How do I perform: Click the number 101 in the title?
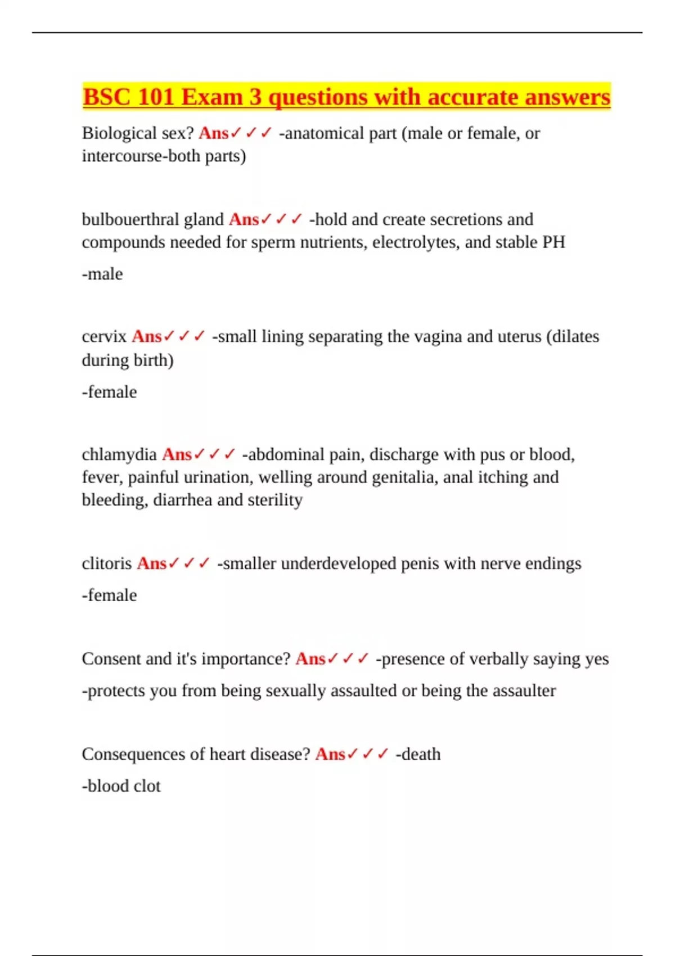click(x=155, y=97)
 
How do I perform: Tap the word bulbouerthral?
click(x=124, y=219)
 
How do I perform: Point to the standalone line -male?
click(x=102, y=274)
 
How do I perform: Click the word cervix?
click(x=104, y=336)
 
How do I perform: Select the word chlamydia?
click(x=119, y=454)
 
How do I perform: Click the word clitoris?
click(x=106, y=563)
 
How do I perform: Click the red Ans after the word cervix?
click(x=147, y=336)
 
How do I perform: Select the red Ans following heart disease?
click(x=330, y=754)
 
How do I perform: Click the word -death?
click(x=418, y=754)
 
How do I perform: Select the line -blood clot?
click(x=121, y=786)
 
